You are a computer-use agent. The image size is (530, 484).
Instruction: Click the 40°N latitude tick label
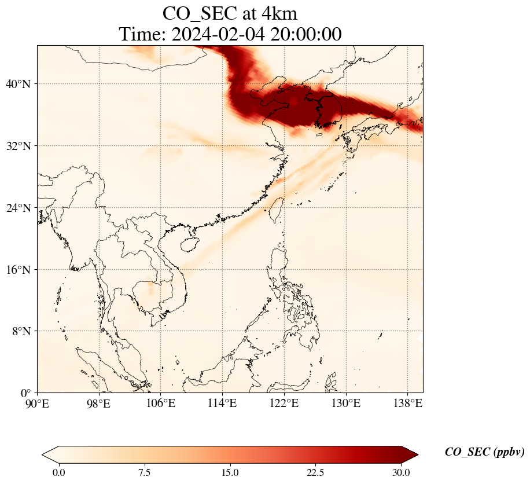[x=17, y=85]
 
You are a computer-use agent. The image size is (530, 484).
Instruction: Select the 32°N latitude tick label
[x=17, y=146]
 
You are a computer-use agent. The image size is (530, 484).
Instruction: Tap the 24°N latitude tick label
[x=17, y=208]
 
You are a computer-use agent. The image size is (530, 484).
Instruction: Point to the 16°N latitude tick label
[x=17, y=270]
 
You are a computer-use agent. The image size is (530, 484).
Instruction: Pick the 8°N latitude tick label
[x=20, y=332]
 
